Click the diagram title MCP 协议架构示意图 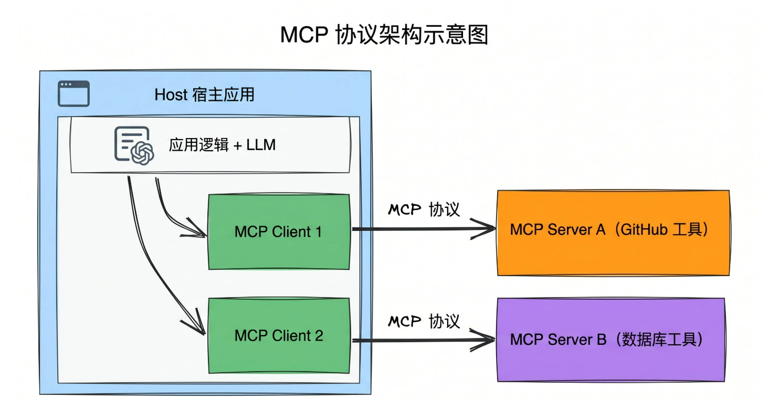(384, 34)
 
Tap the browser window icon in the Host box (74, 94)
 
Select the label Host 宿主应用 (204, 94)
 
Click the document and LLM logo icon (134, 145)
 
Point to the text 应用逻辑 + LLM (222, 144)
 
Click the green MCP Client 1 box (279, 232)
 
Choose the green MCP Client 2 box (279, 335)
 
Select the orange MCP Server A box (614, 233)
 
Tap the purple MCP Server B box (611, 340)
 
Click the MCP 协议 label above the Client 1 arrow (424, 209)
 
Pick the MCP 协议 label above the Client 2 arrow (424, 321)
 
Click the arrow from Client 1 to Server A (424, 229)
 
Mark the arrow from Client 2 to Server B (424, 340)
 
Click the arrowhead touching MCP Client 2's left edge (195, 323)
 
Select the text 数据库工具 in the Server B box (659, 340)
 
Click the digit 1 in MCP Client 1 (319, 232)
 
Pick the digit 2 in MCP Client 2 (319, 335)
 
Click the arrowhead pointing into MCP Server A (483, 229)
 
